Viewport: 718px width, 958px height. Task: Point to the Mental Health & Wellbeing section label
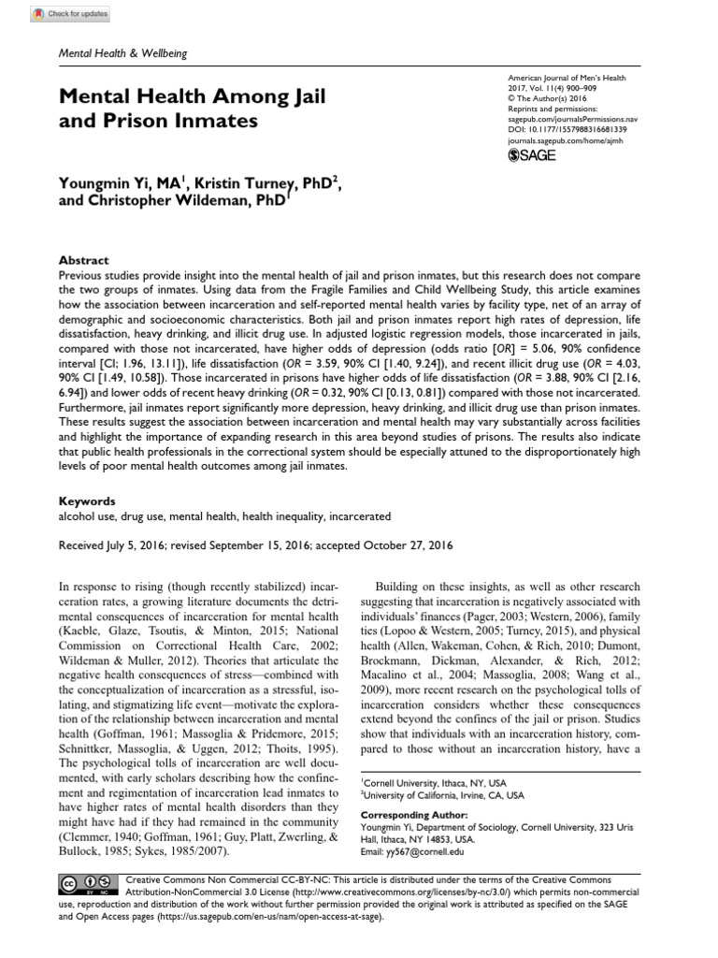pyautogui.click(x=123, y=54)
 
